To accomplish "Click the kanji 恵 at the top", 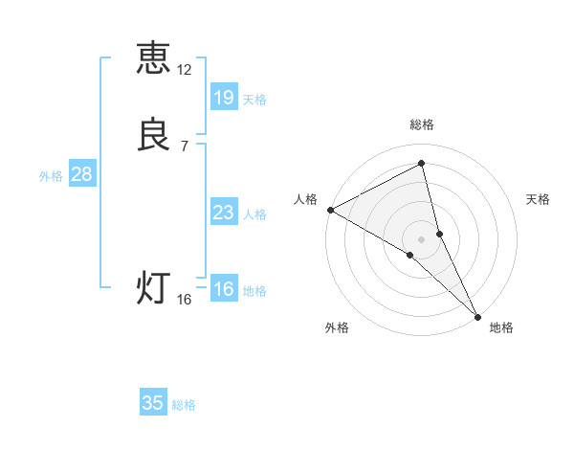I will point(153,57).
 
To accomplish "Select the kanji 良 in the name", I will point(153,135).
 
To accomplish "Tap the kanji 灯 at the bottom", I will point(153,286).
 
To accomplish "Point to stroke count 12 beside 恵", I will point(185,70).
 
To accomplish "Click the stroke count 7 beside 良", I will point(185,146).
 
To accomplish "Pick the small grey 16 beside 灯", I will point(185,300).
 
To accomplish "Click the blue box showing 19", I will point(223,97).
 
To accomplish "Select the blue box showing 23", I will point(223,213).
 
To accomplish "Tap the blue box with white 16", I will point(223,289).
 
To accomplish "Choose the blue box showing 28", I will point(81,174).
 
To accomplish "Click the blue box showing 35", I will point(153,403).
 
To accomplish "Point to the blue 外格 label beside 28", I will point(51,176).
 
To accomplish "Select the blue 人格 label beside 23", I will point(255,214).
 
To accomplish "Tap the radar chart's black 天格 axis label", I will point(539,199).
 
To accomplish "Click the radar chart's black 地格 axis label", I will point(501,328).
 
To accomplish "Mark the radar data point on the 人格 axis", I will point(330,209).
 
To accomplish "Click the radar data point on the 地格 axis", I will point(476,315).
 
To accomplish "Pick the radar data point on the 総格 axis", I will point(422,163).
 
